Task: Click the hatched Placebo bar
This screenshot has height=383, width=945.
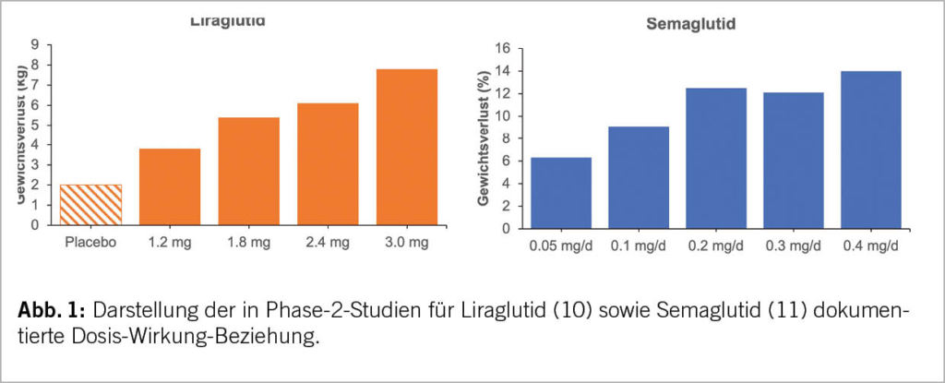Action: (x=91, y=204)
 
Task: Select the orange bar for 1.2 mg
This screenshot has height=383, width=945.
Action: (x=170, y=186)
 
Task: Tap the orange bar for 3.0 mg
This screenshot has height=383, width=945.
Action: (x=407, y=146)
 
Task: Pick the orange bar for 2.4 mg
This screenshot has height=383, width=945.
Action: (x=328, y=163)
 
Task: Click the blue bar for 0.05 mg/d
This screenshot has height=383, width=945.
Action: (x=560, y=193)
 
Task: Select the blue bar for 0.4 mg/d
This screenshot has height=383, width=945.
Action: (x=871, y=150)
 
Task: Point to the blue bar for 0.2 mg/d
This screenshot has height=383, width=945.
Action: (x=716, y=158)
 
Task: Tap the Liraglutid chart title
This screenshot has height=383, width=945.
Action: (x=228, y=20)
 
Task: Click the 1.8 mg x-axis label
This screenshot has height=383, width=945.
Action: (x=248, y=244)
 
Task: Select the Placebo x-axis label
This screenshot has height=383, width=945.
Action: (x=90, y=244)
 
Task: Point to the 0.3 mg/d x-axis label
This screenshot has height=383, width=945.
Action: (x=794, y=247)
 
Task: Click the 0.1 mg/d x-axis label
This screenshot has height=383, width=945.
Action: (x=638, y=247)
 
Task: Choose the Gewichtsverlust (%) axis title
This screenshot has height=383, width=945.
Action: (x=484, y=138)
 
